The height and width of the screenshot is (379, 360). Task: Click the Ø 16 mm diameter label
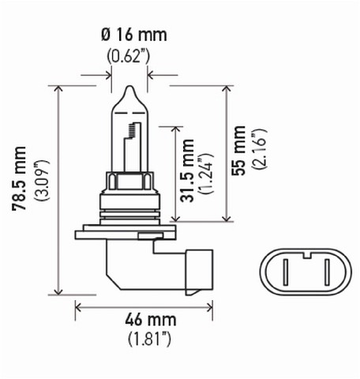click(134, 35)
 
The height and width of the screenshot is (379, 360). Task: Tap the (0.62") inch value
click(129, 56)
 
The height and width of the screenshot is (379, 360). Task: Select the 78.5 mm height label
click(19, 178)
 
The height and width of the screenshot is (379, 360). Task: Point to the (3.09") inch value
click(42, 180)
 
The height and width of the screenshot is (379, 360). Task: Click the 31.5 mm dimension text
click(187, 171)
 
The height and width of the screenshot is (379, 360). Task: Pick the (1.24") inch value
click(206, 174)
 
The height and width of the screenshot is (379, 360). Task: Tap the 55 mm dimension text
click(238, 150)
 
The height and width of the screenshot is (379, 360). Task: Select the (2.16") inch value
click(259, 149)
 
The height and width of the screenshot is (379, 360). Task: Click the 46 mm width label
click(151, 320)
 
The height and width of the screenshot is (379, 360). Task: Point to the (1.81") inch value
click(150, 340)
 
